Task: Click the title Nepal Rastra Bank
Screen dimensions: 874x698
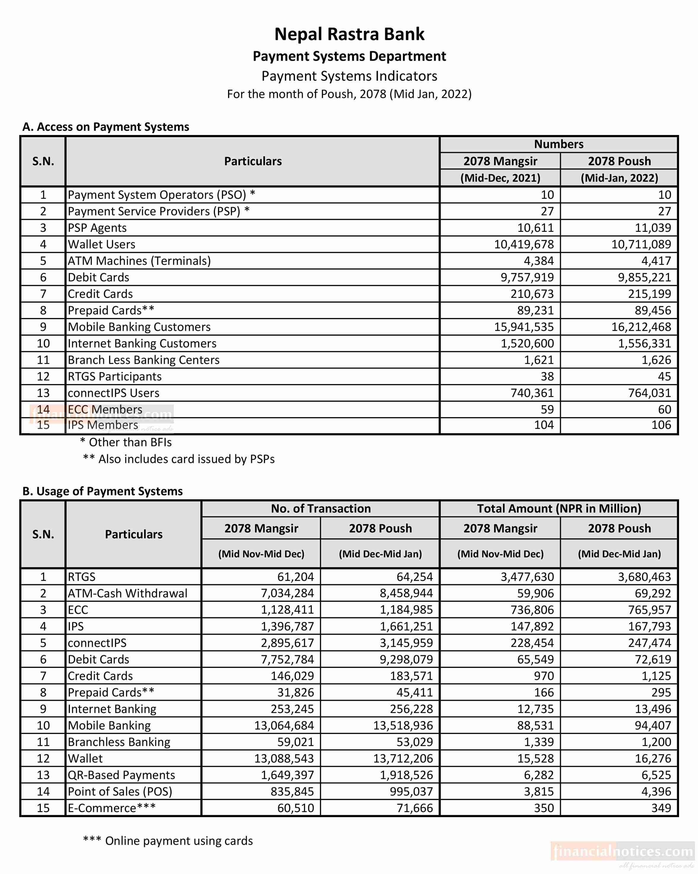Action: point(349,34)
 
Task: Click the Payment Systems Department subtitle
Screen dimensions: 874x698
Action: point(349,56)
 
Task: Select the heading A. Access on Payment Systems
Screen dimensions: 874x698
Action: point(105,127)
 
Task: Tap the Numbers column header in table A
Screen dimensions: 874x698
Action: point(559,144)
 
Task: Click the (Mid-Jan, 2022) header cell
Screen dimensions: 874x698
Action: point(619,178)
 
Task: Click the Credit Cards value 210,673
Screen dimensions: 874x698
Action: point(532,294)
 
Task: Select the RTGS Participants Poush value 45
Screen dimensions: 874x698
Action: point(664,377)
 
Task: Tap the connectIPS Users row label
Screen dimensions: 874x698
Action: point(113,393)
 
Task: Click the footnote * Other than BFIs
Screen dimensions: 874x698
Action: point(126,442)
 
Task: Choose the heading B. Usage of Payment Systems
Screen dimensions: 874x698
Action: point(102,491)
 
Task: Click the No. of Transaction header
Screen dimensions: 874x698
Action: point(320,509)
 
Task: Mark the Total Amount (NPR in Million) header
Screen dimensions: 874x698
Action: point(559,509)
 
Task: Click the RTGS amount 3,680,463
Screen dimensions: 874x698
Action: point(644,577)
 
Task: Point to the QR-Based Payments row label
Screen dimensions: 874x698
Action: point(121,775)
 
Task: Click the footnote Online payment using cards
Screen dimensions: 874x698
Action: point(168,841)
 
